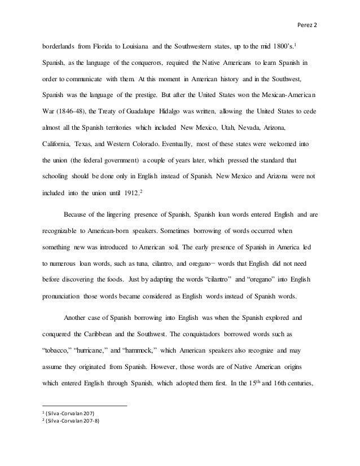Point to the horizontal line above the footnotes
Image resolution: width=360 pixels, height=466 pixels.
pos(85,406)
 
